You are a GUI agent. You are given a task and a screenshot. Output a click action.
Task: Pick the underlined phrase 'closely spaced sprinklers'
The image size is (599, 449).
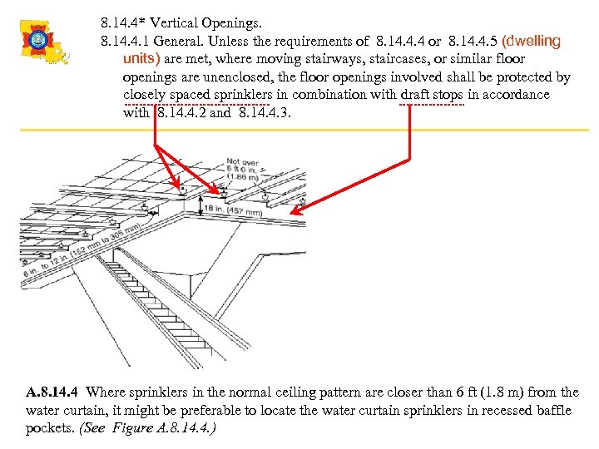(x=196, y=95)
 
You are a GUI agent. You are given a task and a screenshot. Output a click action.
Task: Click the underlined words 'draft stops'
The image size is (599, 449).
(x=431, y=95)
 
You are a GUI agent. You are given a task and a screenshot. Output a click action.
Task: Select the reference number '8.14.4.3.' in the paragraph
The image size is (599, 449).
(x=265, y=113)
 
